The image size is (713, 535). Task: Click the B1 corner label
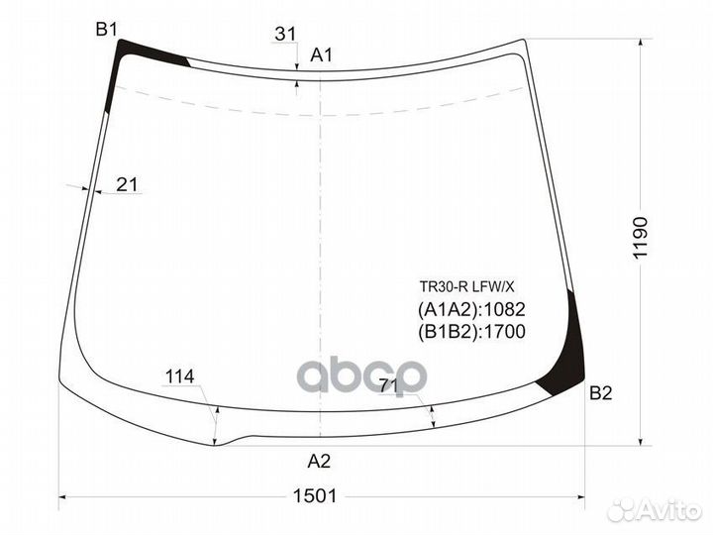point(107,30)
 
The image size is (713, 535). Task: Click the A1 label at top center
point(321,55)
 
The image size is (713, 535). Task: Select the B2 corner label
point(601,394)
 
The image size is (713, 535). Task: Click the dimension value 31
point(285,34)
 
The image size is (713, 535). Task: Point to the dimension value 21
point(127,183)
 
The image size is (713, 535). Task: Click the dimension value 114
point(179,376)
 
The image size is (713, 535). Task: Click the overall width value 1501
point(317,495)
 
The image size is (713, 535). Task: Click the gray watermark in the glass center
point(363,375)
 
